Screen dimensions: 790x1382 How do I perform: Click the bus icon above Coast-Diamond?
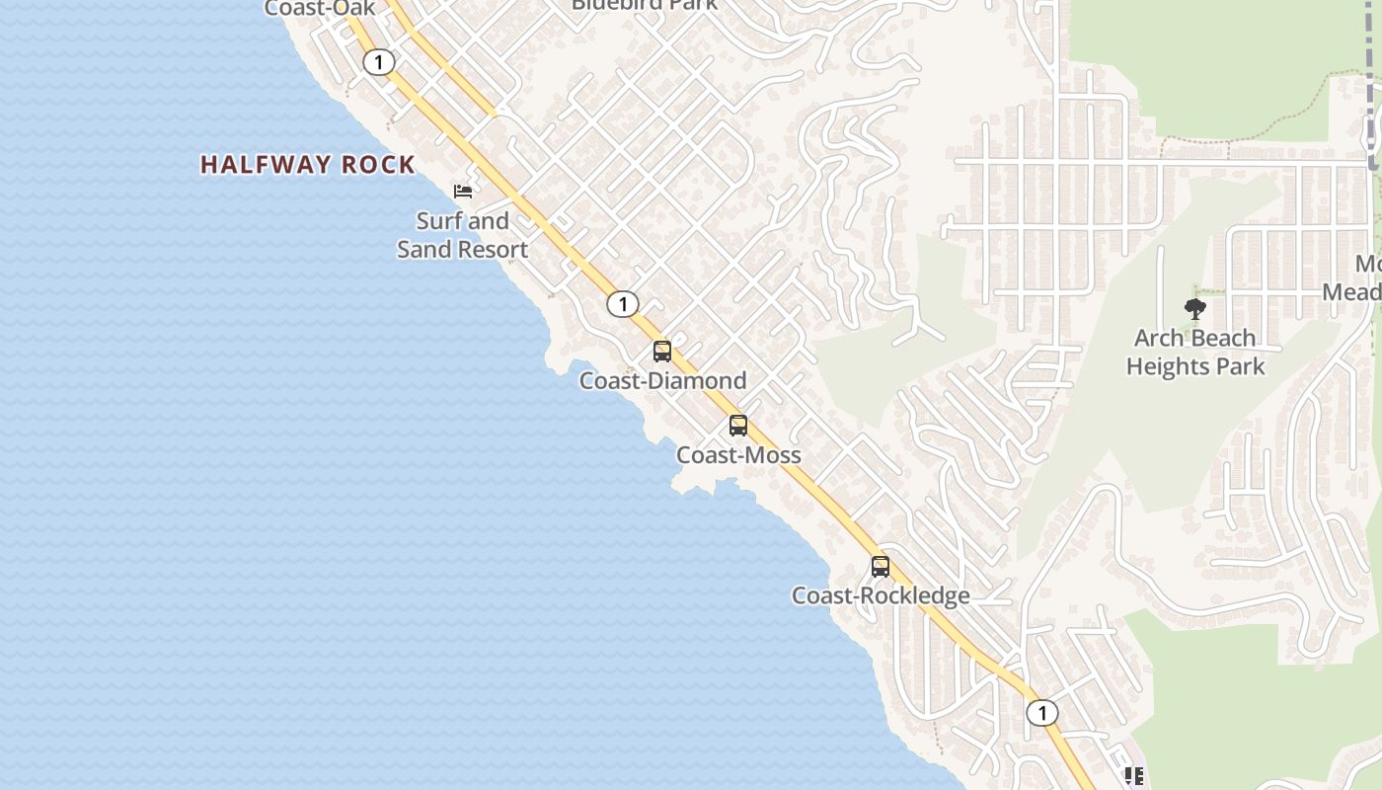click(x=662, y=352)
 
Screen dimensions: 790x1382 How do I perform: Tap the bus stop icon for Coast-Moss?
click(x=738, y=426)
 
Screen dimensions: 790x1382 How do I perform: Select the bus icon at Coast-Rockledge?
click(x=881, y=567)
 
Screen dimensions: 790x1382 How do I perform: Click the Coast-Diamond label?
click(x=662, y=380)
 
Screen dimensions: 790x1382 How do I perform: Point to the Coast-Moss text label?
click(x=738, y=455)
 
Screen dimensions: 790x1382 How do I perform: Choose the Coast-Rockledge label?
click(x=881, y=595)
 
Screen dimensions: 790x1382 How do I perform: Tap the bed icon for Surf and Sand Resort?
click(x=463, y=191)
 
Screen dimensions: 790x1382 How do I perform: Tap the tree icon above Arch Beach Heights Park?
click(x=1195, y=309)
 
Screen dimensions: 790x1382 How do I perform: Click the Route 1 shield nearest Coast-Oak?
click(x=378, y=62)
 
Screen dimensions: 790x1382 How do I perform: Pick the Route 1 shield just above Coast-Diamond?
click(x=622, y=303)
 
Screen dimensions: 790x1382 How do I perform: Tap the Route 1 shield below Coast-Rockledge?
click(x=1041, y=712)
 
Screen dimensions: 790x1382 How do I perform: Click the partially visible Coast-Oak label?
click(x=320, y=9)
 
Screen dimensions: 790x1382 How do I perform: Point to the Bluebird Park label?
click(x=645, y=5)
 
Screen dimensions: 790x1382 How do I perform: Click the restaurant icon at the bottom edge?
click(x=1134, y=777)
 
